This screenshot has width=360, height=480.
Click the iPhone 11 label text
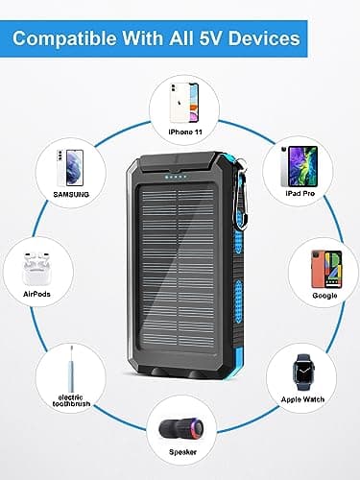180,132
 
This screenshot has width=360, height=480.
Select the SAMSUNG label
70,192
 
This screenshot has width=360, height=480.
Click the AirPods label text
36,294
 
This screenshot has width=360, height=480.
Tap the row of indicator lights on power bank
179,176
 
